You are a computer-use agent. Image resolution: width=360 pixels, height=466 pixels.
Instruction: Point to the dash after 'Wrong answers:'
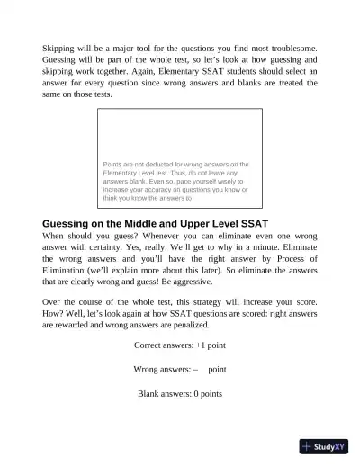pyautogui.click(x=194, y=369)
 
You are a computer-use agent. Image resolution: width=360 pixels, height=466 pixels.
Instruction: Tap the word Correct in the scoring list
pyautogui.click(x=149, y=345)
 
